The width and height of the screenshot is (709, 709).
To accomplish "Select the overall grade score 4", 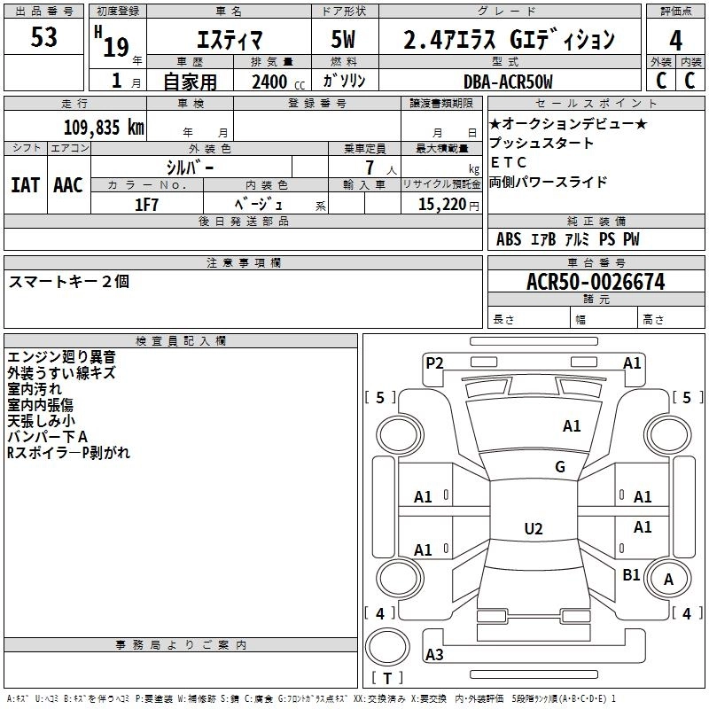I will [x=676, y=40].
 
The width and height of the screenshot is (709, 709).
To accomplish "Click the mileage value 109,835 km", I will [x=104, y=127].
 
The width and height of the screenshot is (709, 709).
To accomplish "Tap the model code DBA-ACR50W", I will [x=508, y=82].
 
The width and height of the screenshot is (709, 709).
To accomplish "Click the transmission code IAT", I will [x=25, y=185].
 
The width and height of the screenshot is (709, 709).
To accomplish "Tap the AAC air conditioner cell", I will [x=67, y=185].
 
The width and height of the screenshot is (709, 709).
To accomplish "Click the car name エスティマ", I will [x=227, y=40].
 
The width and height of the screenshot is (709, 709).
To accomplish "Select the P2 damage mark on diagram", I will [x=434, y=362].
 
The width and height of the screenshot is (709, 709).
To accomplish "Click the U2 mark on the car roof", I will [x=533, y=529].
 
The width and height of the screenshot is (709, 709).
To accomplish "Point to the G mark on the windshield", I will [x=560, y=467].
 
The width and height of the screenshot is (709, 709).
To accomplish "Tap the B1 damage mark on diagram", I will [x=631, y=575].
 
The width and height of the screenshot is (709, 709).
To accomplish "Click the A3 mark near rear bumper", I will [x=434, y=654].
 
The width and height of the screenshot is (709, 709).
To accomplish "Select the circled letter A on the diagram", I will [x=669, y=579].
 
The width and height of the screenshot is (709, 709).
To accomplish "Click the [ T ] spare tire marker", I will [x=387, y=679].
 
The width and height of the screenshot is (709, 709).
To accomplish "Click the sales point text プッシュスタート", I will [x=541, y=143].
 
